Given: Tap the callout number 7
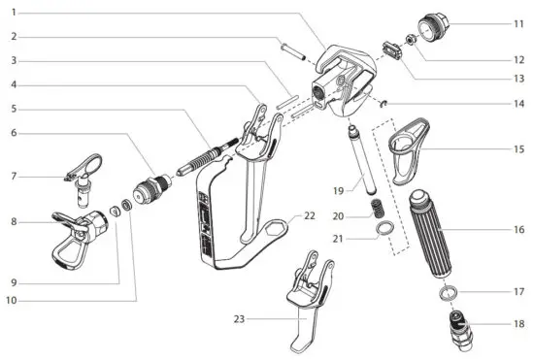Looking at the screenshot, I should [x=13, y=176].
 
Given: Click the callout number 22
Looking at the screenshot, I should [x=310, y=214].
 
